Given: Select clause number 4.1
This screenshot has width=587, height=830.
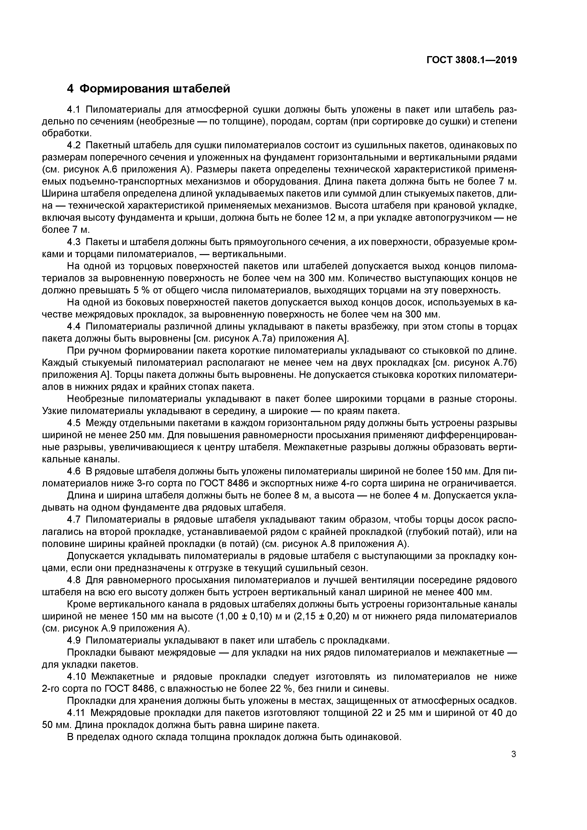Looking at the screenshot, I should tap(75, 109).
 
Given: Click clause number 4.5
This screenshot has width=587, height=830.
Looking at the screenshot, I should tap(75, 423).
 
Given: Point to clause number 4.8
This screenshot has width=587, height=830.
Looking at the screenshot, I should tap(75, 580).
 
